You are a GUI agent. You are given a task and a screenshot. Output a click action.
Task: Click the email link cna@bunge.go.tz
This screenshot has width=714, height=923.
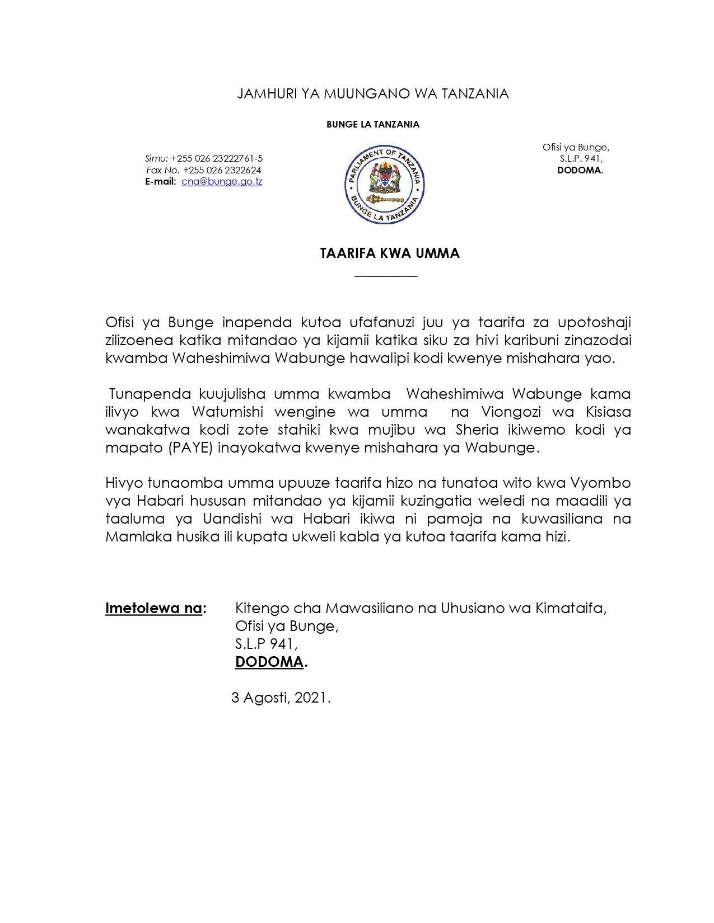tap(222, 182)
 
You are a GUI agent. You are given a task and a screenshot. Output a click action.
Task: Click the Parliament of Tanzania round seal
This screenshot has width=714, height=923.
tap(384, 185)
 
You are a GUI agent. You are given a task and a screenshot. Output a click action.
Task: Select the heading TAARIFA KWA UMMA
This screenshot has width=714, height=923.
tap(390, 253)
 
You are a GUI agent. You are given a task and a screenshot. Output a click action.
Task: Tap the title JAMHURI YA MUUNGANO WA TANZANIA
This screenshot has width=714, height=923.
tap(373, 94)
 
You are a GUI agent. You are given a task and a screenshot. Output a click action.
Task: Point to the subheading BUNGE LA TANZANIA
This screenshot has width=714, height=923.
tap(373, 125)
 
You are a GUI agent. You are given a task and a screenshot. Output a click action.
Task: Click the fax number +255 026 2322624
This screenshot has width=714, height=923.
tap(222, 170)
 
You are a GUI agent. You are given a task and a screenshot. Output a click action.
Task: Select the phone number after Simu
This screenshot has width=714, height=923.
tap(217, 159)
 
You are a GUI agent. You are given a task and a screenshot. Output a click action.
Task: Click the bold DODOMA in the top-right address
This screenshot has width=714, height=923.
tap(579, 171)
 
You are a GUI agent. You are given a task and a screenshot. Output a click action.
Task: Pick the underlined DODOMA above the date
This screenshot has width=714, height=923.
tap(269, 662)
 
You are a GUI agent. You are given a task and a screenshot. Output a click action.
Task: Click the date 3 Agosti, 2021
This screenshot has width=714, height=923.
tap(281, 698)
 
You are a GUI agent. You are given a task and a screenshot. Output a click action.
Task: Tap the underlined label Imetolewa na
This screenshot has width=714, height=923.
tap(153, 608)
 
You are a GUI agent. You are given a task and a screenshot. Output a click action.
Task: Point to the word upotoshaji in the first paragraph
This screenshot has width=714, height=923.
tap(594, 323)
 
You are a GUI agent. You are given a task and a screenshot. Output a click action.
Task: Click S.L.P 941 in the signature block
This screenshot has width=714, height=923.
tap(266, 644)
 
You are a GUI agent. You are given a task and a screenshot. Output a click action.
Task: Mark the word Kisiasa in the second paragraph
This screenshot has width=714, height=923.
tap(608, 412)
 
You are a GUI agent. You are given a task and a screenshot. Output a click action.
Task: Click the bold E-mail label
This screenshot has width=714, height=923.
tap(161, 182)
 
